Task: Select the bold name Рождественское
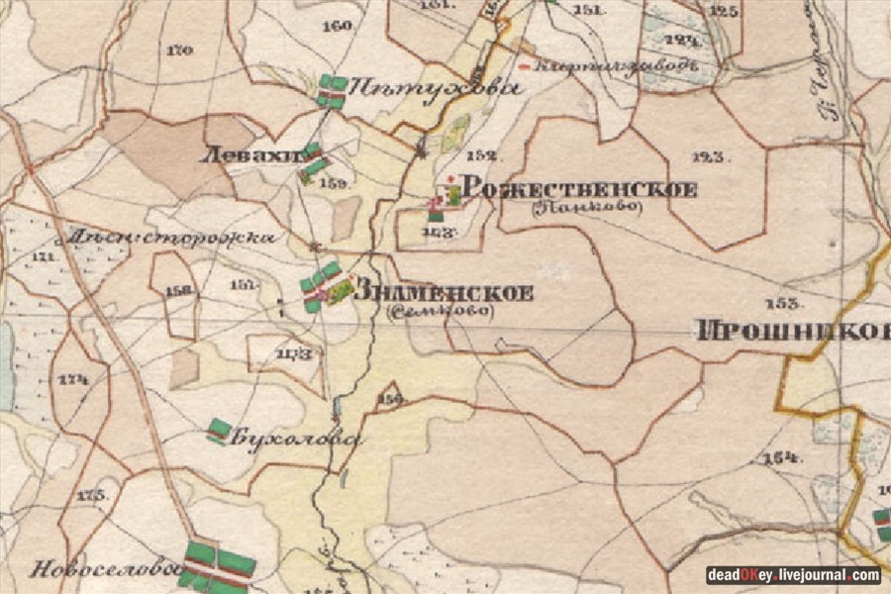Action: [579, 189]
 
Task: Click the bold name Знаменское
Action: [443, 293]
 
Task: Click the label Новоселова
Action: [102, 569]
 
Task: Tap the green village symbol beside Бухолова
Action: [219, 431]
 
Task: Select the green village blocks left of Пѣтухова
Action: [332, 90]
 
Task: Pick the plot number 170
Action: [180, 49]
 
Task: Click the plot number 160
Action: [338, 26]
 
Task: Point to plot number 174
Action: [72, 379]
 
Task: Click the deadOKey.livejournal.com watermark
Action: [792, 575]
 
